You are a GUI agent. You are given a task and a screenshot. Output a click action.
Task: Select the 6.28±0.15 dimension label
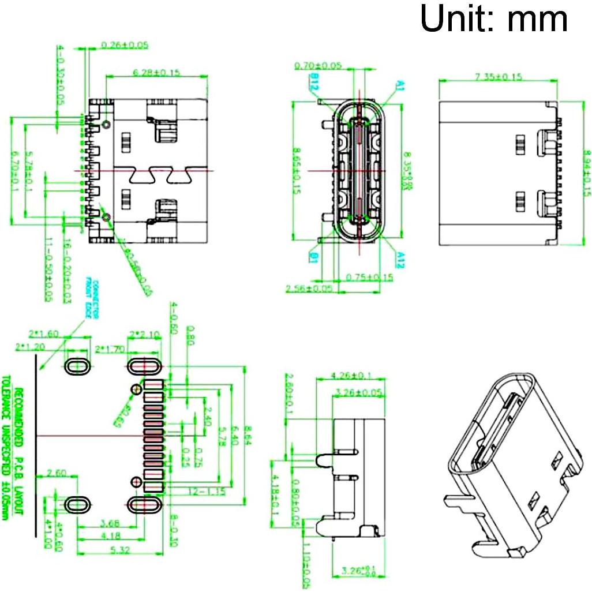pos(156,72)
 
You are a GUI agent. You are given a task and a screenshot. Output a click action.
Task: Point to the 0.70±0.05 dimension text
pos(318,66)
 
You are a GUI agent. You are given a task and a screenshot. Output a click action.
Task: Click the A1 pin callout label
pos(399,86)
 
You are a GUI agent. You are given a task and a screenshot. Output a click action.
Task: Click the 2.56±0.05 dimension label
pos(309,288)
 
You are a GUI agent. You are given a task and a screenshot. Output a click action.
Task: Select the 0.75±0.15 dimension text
pos(369,278)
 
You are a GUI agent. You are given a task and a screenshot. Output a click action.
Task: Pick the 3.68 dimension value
pos(110,524)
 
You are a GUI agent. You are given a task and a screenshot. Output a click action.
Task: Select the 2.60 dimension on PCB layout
pos(57,474)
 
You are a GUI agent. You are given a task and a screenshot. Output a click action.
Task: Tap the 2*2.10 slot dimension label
pos(145,334)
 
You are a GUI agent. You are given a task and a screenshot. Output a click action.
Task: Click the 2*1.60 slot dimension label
pos(44,334)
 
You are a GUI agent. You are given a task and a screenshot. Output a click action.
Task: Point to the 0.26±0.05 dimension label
pos(125,44)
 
